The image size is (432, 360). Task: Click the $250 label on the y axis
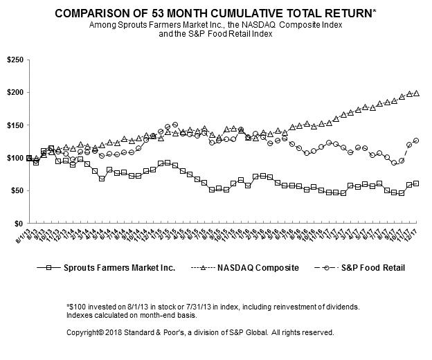click(x=14, y=60)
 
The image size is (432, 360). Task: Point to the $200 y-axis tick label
click(x=14, y=93)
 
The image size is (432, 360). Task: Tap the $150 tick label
click(x=14, y=125)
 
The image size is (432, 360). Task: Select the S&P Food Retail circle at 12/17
click(x=416, y=141)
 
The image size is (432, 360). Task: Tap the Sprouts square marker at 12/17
click(x=416, y=183)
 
